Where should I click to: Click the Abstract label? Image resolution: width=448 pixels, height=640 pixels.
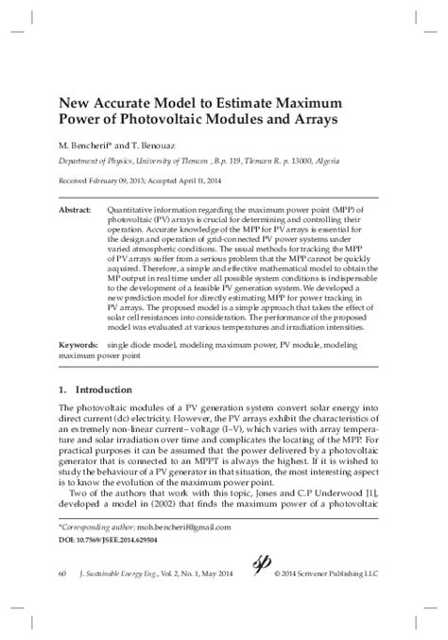point(75,205)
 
